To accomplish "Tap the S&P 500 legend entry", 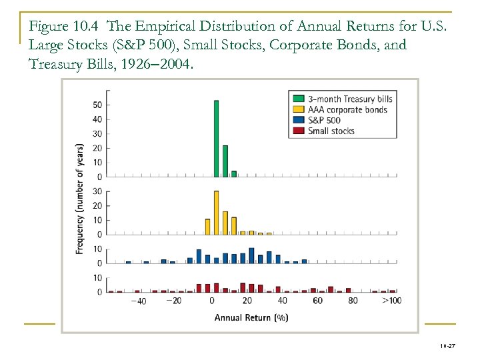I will (324, 121).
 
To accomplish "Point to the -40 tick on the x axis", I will (138, 301).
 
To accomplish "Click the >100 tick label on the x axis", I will (391, 301).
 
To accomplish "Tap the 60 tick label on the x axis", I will (317, 301).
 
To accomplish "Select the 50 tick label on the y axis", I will (97, 105).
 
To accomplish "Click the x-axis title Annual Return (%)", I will (251, 318).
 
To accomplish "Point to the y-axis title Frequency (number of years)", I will (80, 198).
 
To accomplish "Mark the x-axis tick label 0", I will (211, 301).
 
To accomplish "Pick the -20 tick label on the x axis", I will (173, 301).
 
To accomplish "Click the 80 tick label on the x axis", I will (353, 301).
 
